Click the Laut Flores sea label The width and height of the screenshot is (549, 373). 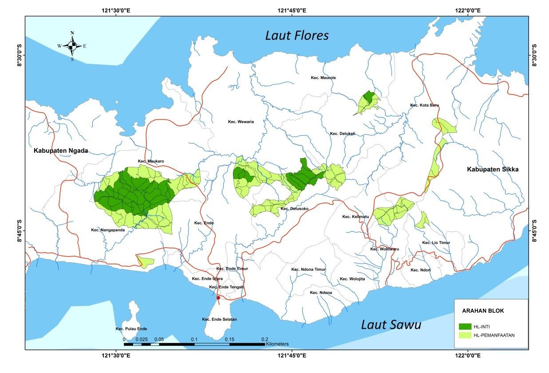tap(296, 35)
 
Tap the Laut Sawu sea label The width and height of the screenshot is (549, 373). tap(391, 325)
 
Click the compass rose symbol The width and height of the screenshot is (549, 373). tap(72, 46)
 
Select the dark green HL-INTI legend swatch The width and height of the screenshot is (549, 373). tap(466, 326)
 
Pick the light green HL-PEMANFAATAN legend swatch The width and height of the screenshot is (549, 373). tap(466, 335)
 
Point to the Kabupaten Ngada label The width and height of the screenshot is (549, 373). tap(61, 151)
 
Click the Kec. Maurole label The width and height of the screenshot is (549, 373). tap(323, 78)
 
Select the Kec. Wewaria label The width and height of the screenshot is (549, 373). tap(241, 122)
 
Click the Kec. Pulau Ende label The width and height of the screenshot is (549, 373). tap(131, 329)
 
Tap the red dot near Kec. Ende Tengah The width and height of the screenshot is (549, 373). tap(218, 298)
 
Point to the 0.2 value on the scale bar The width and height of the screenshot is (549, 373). tap(265, 339)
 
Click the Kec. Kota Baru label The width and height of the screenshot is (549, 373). tap(424, 105)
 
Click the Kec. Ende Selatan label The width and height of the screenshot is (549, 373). tap(219, 319)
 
